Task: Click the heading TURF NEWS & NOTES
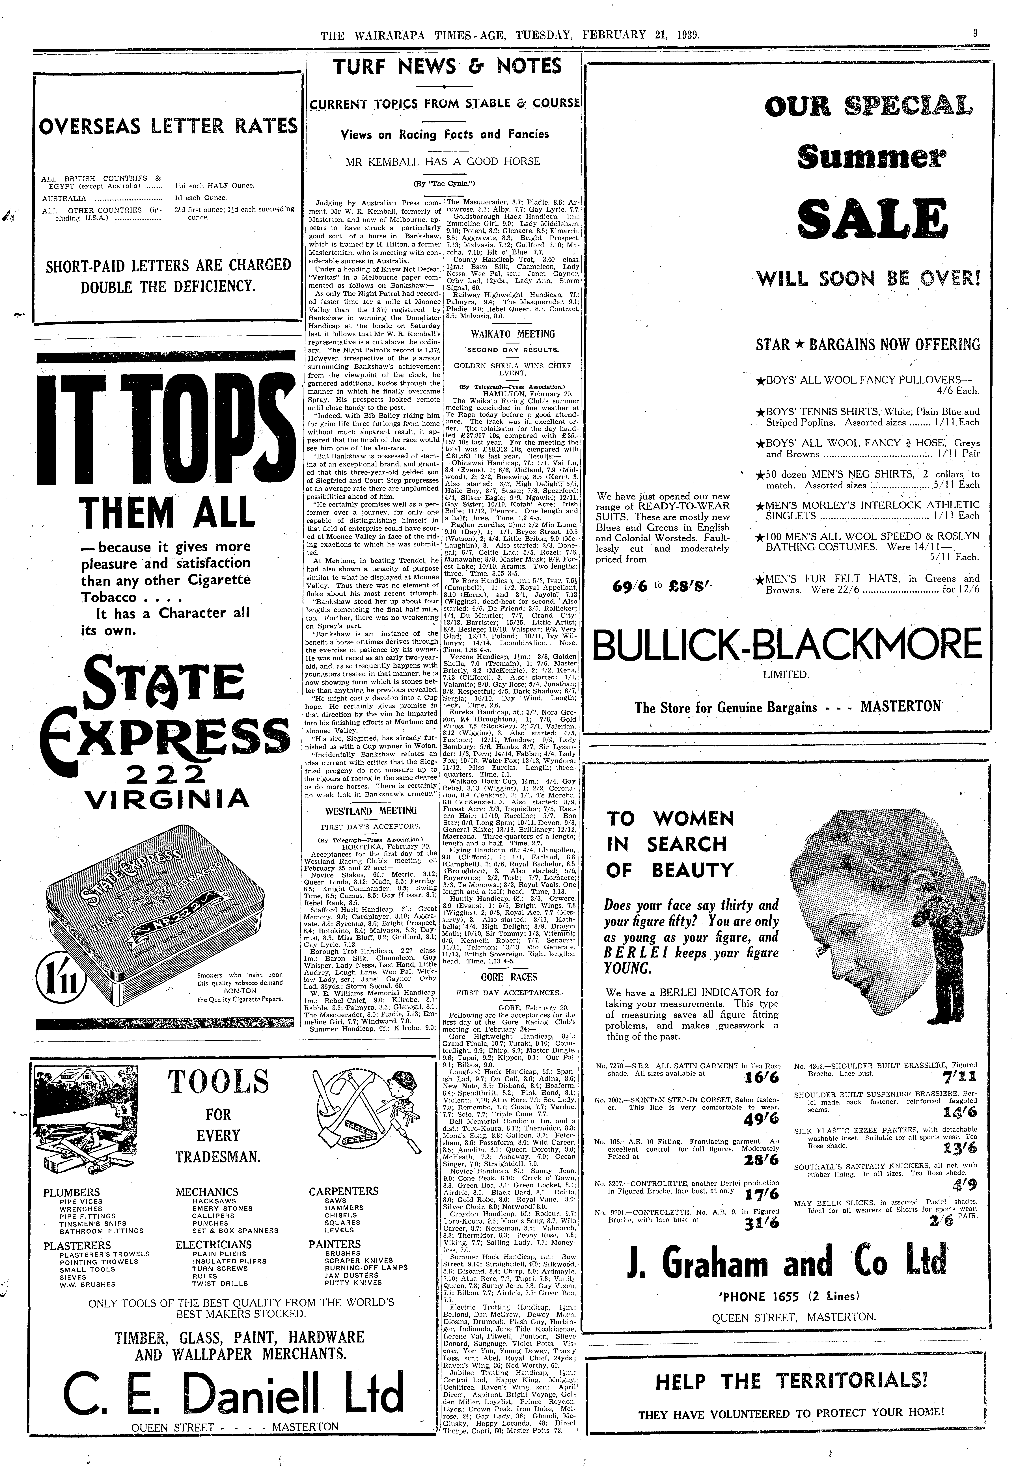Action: (447, 66)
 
